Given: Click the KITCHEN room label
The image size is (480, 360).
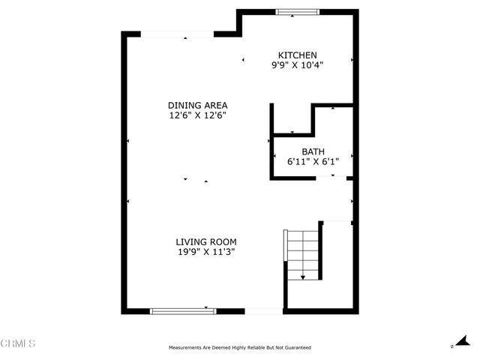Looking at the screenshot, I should pos(298,55).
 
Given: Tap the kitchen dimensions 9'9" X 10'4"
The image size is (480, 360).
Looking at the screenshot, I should pos(298,65).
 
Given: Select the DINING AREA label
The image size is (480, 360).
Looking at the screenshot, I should pos(197,105).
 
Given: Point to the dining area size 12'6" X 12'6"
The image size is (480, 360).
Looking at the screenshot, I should pos(197,115).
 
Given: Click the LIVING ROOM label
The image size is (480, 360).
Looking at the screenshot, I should pos(206,241).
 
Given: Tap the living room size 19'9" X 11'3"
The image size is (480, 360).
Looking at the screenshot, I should pos(206,252).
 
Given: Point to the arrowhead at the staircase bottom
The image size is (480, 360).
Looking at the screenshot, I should pos(303,278).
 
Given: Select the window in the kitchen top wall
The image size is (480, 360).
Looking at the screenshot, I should pos(295,12).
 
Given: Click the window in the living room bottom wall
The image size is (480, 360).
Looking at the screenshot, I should pos(183,310).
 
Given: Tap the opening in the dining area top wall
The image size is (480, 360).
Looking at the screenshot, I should pos(178,34).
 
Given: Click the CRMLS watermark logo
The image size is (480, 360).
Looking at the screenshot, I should pos(18,343).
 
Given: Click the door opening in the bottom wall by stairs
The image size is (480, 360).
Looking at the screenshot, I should pos(264,310).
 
